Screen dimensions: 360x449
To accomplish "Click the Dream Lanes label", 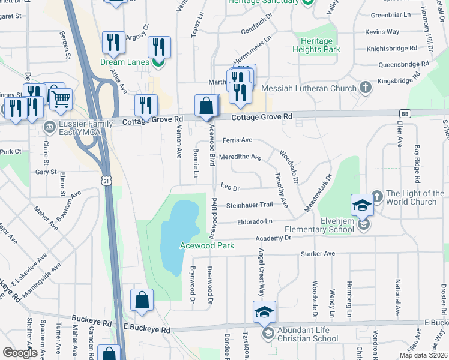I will tap(125, 61).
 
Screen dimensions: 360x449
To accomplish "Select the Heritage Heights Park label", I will tap(316, 45).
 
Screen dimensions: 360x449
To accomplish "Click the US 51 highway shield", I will tap(106, 180).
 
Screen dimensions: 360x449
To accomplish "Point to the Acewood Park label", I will tap(206, 245).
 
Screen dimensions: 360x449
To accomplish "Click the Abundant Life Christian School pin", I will tap(264, 312).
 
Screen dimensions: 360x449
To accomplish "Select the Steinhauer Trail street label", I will tap(249, 205).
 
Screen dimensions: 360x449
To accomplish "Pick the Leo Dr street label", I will tap(230, 187).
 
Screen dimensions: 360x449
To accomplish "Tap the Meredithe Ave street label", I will tap(240, 157).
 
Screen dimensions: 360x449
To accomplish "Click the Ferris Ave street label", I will tap(237, 140).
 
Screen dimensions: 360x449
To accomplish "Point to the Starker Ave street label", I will tap(321, 254).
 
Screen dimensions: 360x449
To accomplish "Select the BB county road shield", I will tap(405, 113).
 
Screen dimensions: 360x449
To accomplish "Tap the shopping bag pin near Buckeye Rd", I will tap(142, 300).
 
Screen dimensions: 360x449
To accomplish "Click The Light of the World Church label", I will tap(415, 197).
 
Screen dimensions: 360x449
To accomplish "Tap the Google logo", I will tap(20, 353).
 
